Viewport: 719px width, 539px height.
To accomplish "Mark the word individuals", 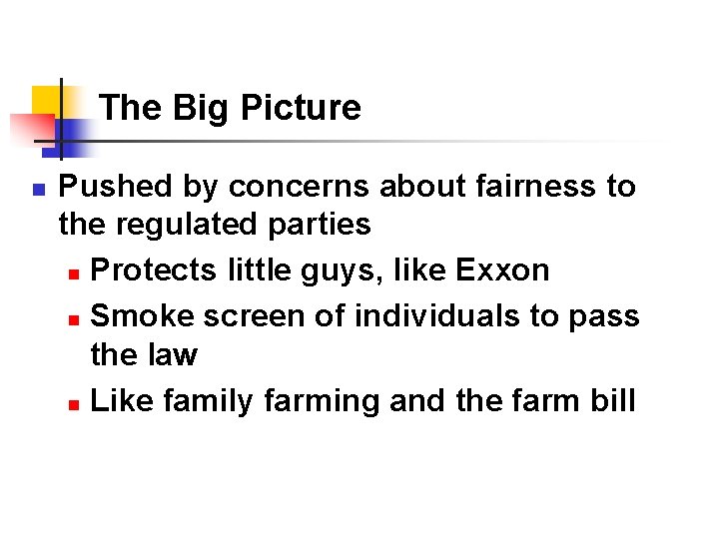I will pyautogui.click(x=438, y=316).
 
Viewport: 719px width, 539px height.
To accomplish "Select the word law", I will pyautogui.click(x=173, y=354).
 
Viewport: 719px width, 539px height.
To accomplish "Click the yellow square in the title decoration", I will pyautogui.click(x=46, y=101).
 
